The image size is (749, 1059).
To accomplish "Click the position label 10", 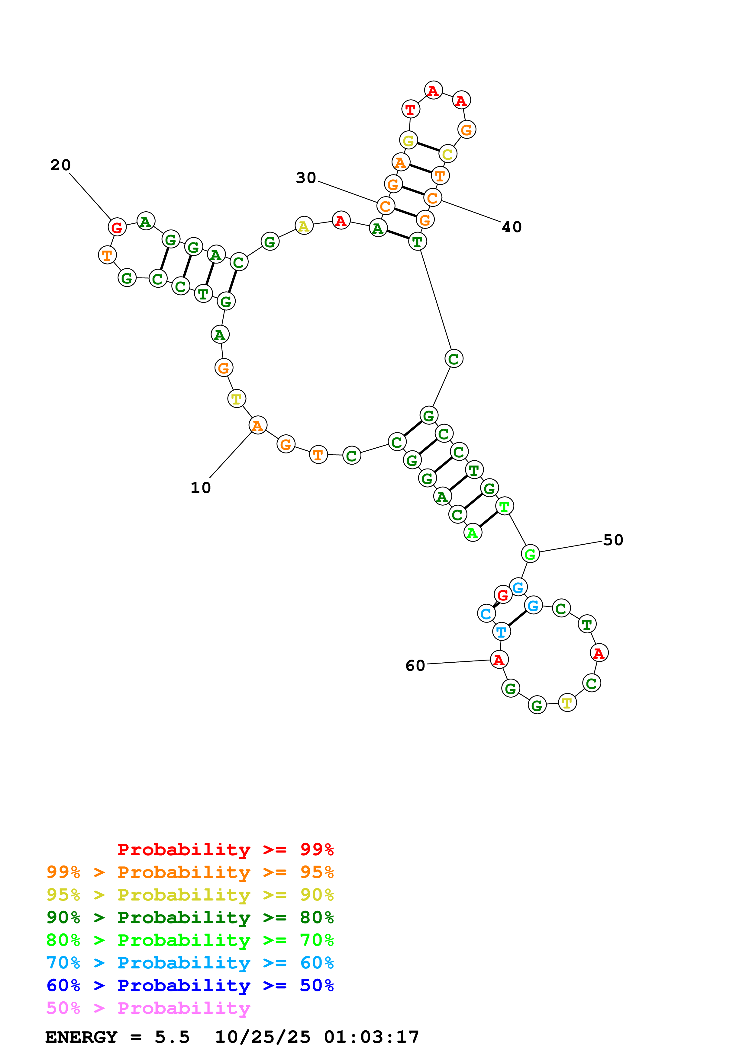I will [x=201, y=488].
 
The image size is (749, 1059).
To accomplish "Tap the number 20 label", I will [x=60, y=165].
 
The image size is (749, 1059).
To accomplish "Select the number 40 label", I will [x=512, y=227].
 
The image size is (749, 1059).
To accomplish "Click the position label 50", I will [x=613, y=540].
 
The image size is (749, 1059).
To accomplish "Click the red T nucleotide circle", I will [x=411, y=110].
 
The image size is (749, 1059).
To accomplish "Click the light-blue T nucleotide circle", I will [x=502, y=632].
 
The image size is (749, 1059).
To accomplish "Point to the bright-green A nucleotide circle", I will [x=473, y=533].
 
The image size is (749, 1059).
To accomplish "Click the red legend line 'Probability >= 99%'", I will [x=225, y=849].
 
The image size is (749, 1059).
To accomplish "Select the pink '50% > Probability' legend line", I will [x=148, y=1008].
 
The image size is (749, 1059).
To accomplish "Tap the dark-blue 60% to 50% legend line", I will [x=190, y=986].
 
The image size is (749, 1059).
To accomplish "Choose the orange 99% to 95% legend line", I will [x=190, y=872].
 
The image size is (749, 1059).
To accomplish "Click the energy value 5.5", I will [x=172, y=1037].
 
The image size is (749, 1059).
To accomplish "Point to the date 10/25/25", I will [x=263, y=1037].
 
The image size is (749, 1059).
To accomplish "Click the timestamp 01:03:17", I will [x=372, y=1037].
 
